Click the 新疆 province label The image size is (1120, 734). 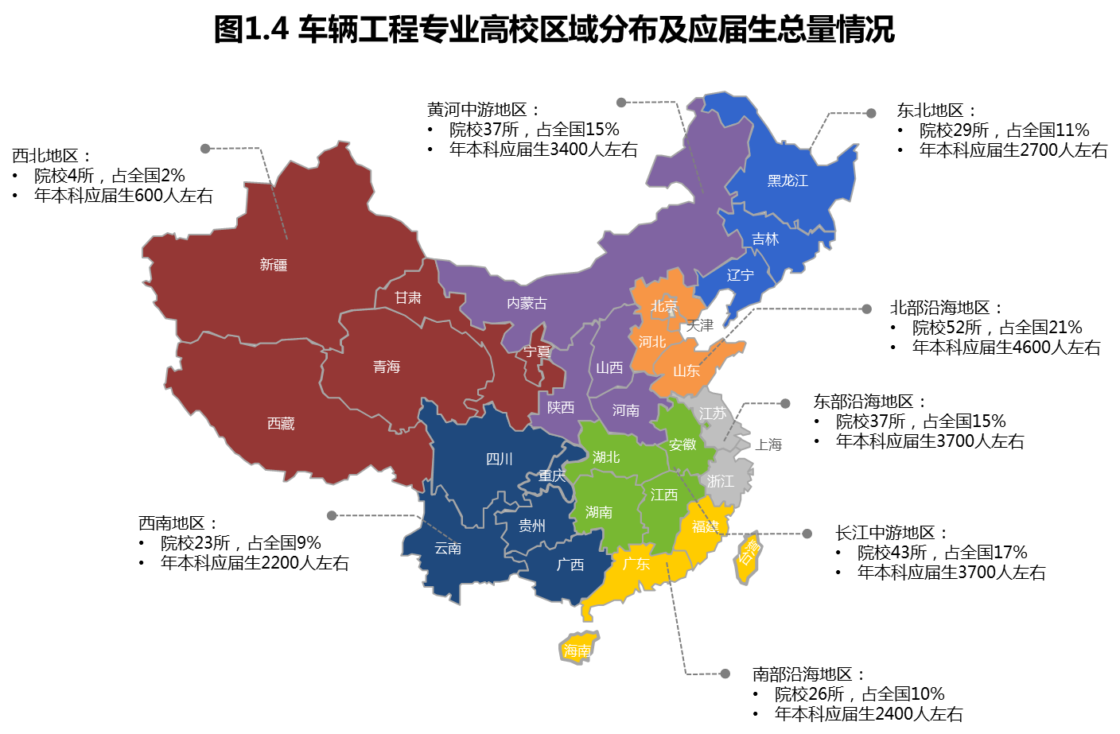[273, 265]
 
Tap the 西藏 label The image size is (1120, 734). [281, 424]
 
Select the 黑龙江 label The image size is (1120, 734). [787, 181]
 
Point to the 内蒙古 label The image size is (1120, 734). [527, 303]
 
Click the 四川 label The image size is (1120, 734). [500, 459]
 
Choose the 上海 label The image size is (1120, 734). [769, 445]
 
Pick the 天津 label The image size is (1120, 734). [700, 325]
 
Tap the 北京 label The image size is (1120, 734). [664, 306]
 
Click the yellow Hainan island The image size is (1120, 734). [577, 649]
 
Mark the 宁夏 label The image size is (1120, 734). [537, 351]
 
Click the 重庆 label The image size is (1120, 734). [551, 476]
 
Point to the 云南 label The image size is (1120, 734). [448, 548]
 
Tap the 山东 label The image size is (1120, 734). [686, 371]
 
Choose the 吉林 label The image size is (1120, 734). [765, 239]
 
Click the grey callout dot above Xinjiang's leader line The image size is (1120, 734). [205, 149]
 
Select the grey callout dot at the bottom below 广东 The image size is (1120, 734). [725, 674]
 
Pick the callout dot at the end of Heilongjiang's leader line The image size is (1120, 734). [871, 114]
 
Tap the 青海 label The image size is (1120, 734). [387, 367]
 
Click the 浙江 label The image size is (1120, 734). [721, 481]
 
